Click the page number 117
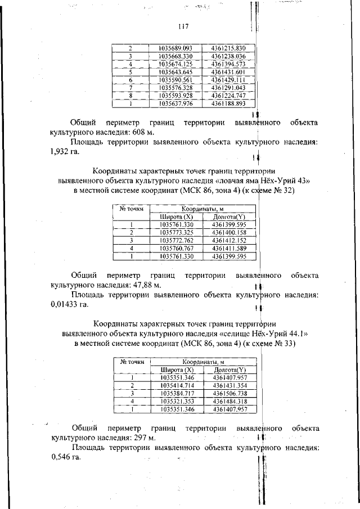pyautogui.click(x=182, y=26)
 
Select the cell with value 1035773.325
pyautogui.click(x=177, y=232)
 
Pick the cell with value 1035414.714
pyautogui.click(x=177, y=385)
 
